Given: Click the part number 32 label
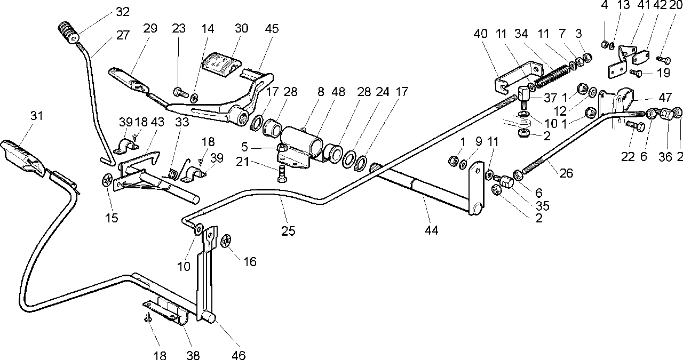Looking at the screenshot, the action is click(x=123, y=12).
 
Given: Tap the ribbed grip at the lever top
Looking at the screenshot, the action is click(x=69, y=33).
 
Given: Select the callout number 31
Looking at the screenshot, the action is click(x=37, y=116).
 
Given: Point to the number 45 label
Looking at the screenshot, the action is click(x=272, y=29).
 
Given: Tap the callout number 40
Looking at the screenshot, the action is click(x=481, y=34).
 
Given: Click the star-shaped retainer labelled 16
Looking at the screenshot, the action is click(x=226, y=241).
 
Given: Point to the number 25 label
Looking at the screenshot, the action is click(x=288, y=231).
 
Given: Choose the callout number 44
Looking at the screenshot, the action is click(x=431, y=230).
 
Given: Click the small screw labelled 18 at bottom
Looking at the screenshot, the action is click(x=149, y=318).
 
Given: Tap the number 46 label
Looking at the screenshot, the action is click(x=239, y=355).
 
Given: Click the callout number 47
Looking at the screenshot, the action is click(x=665, y=98).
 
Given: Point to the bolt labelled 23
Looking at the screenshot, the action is click(x=181, y=92).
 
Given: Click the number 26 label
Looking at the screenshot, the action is click(x=566, y=173).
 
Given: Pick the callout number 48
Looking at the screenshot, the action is click(x=338, y=92).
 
